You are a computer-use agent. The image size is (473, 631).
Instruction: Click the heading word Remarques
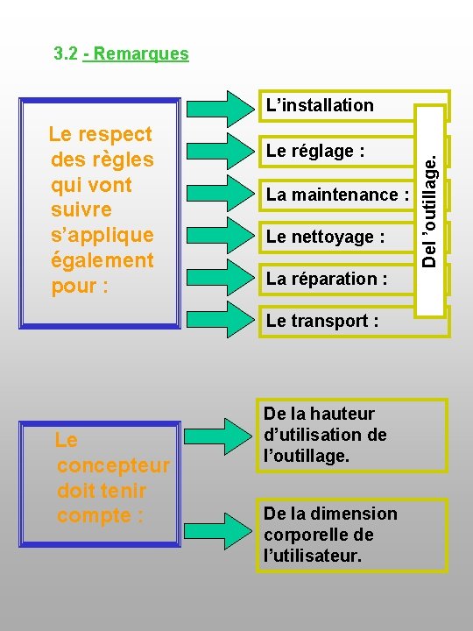(142, 54)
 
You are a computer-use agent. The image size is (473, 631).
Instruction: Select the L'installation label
(320, 106)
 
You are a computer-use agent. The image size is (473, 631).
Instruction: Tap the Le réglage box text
(315, 152)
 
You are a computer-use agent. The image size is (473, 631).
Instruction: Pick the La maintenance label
(337, 195)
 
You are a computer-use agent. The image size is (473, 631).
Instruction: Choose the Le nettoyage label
(325, 237)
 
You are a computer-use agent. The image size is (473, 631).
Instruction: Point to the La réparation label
(327, 279)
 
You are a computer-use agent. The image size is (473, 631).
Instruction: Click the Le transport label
(322, 321)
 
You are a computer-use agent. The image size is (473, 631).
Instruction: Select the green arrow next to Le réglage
(222, 152)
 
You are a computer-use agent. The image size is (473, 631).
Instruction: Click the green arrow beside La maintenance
(222, 194)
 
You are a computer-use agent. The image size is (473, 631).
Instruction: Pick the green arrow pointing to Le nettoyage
(222, 236)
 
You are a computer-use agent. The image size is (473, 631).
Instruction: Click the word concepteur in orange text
(112, 464)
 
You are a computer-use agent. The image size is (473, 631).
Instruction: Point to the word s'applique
(102, 235)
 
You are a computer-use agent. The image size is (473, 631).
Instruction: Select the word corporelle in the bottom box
(300, 535)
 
